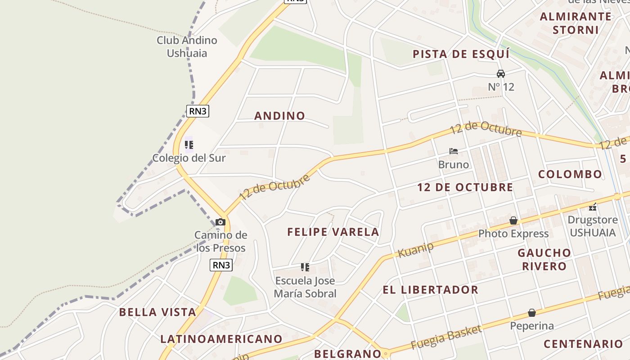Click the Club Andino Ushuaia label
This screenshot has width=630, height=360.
click(x=187, y=47)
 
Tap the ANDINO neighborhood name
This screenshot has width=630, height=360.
click(x=279, y=116)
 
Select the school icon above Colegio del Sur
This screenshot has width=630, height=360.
click(x=189, y=145)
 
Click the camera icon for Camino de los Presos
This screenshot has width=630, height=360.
click(x=220, y=222)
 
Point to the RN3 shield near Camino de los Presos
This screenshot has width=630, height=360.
click(x=221, y=265)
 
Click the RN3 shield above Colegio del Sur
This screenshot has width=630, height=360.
click(x=198, y=111)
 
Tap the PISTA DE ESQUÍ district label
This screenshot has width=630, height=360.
click(x=461, y=54)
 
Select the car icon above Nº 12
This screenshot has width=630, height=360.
click(x=501, y=73)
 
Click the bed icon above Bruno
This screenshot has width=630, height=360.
click(x=454, y=151)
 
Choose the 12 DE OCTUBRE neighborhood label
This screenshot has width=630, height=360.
click(x=465, y=187)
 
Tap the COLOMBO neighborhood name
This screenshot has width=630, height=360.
click(x=570, y=174)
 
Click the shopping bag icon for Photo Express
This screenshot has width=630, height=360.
click(x=513, y=220)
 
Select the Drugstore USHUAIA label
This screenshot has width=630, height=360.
click(x=592, y=226)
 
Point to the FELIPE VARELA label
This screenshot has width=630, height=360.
click(x=333, y=232)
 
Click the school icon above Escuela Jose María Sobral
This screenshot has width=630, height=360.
click(x=305, y=267)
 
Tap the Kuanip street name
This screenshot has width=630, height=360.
click(x=415, y=250)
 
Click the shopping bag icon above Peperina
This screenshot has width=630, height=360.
click(x=532, y=313)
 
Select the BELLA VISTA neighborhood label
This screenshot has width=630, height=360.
click(x=157, y=312)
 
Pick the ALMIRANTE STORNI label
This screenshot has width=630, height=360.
click(x=576, y=23)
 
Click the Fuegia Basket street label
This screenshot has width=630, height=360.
click(x=446, y=337)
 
